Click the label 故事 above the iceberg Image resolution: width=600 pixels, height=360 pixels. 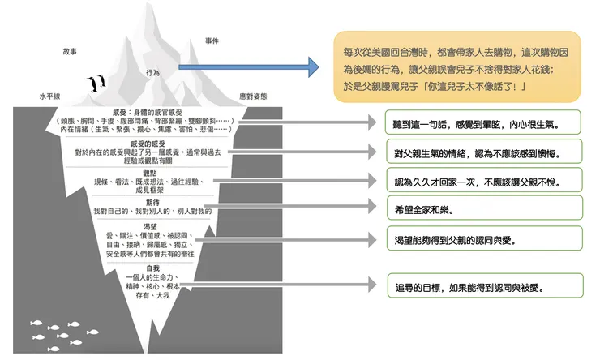[70, 51]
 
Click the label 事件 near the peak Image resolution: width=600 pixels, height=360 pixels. [212, 40]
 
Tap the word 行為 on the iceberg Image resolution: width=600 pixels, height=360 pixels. [152, 73]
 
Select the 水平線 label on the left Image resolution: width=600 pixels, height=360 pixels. [49, 96]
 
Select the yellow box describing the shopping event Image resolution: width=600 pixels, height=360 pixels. [456, 66]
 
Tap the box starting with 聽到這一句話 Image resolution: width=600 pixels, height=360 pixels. [483, 123]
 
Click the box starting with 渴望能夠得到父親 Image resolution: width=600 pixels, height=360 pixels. [483, 240]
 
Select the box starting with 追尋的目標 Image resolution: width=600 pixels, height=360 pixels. [483, 286]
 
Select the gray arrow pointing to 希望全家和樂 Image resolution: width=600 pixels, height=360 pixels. [299, 207]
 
